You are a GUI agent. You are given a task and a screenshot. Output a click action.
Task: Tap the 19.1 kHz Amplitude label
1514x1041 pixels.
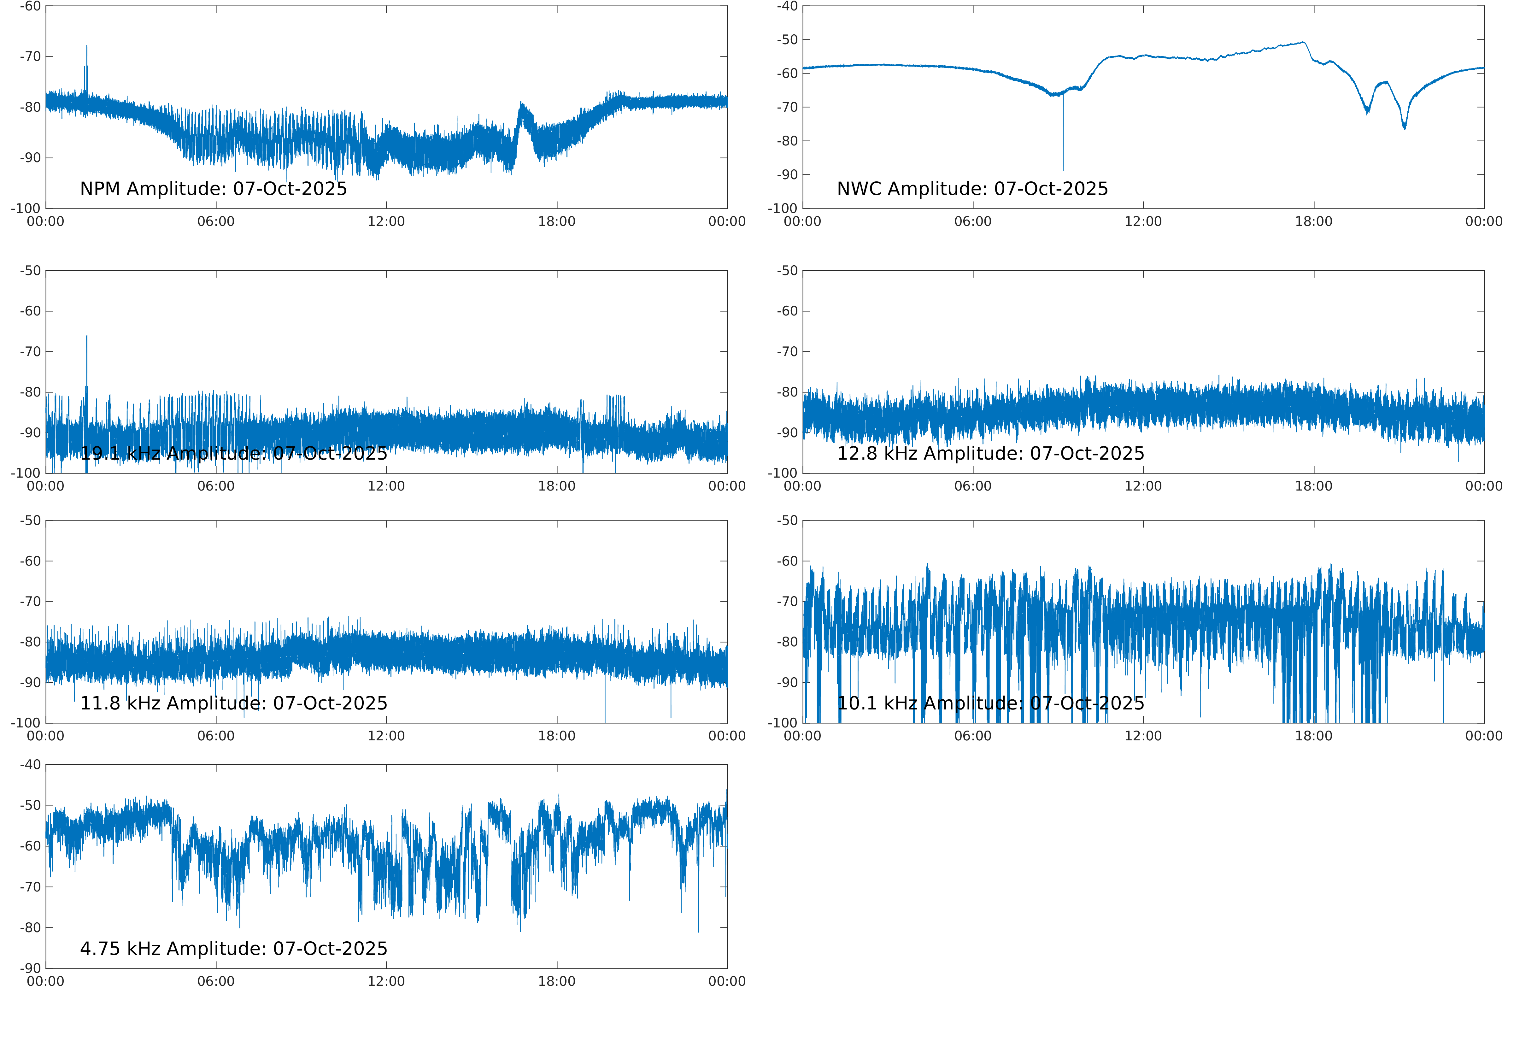pyautogui.click(x=233, y=453)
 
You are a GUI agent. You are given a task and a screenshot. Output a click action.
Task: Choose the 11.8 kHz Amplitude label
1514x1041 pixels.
pyautogui.click(x=233, y=703)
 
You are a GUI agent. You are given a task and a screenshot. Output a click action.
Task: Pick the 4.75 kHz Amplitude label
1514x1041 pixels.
pyautogui.click(x=233, y=948)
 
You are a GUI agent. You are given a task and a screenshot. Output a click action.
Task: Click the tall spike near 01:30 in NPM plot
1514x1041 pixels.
pyautogui.click(x=87, y=47)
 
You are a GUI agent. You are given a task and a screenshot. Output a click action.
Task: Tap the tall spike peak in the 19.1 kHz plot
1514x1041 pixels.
pyautogui.click(x=87, y=337)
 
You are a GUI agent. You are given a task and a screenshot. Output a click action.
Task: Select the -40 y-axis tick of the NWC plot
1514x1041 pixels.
pyautogui.click(x=787, y=7)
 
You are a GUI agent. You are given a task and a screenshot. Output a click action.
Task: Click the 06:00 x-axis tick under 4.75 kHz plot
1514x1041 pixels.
pyautogui.click(x=216, y=982)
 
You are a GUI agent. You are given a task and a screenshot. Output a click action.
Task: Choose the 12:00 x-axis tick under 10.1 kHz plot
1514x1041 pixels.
pyautogui.click(x=1143, y=736)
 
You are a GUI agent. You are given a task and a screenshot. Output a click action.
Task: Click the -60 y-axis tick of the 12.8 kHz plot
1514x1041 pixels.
pyautogui.click(x=787, y=311)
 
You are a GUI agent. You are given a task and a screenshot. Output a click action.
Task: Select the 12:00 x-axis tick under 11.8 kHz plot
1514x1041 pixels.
pyautogui.click(x=386, y=736)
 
